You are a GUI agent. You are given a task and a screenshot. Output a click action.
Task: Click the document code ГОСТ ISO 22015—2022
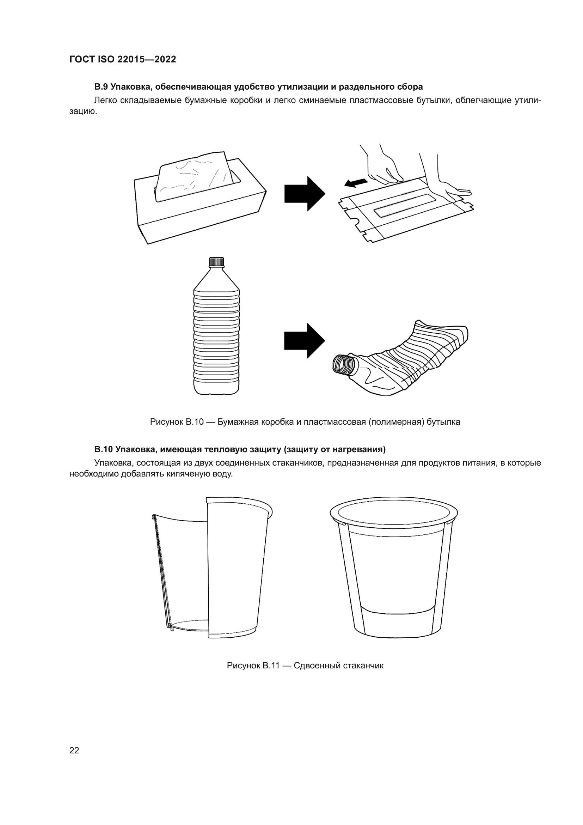pyautogui.click(x=123, y=59)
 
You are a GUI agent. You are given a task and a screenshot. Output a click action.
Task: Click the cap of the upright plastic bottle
pyautogui.click(x=216, y=262)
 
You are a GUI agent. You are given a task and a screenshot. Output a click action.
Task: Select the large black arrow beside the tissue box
pyautogui.click(x=305, y=193)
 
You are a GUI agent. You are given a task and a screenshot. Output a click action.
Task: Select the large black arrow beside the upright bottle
pyautogui.click(x=305, y=341)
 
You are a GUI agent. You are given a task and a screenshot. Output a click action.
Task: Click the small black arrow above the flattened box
pyautogui.click(x=356, y=183)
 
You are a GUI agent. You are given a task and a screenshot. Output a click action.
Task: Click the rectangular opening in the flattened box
pyautogui.click(x=405, y=205)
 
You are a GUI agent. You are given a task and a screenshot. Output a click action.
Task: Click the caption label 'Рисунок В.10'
pyautogui.click(x=177, y=422)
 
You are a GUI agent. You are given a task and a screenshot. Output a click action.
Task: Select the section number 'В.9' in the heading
pyautogui.click(x=101, y=87)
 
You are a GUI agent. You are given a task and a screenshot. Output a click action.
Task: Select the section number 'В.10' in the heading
pyautogui.click(x=103, y=449)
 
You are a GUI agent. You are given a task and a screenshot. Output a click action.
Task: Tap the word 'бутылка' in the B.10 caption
pyautogui.click(x=444, y=422)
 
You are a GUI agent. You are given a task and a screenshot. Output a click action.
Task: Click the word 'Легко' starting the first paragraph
pyautogui.click(x=105, y=100)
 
